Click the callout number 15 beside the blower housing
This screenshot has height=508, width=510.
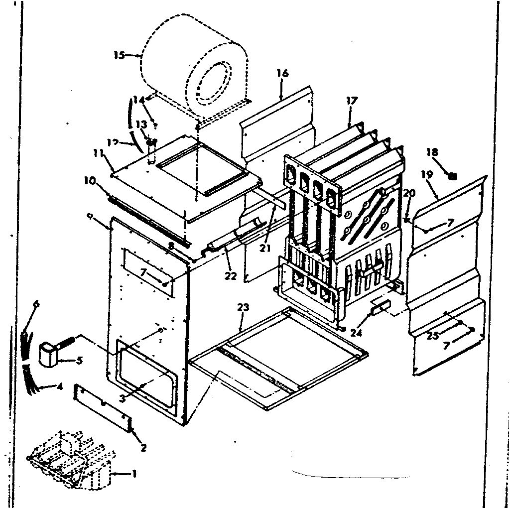pos(119,55)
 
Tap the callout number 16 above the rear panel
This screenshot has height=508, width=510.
pos(282,74)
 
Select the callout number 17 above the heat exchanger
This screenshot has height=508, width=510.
pos(352,101)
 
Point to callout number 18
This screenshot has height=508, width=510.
pos(432,152)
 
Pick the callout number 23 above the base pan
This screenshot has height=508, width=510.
pos(243,307)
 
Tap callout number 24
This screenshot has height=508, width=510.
pos(356,333)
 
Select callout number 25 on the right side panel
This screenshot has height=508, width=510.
pos(432,336)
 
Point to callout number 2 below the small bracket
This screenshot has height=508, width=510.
pos(143,447)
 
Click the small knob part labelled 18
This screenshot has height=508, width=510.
pos(452,175)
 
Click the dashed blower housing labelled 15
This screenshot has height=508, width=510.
pos(194,75)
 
